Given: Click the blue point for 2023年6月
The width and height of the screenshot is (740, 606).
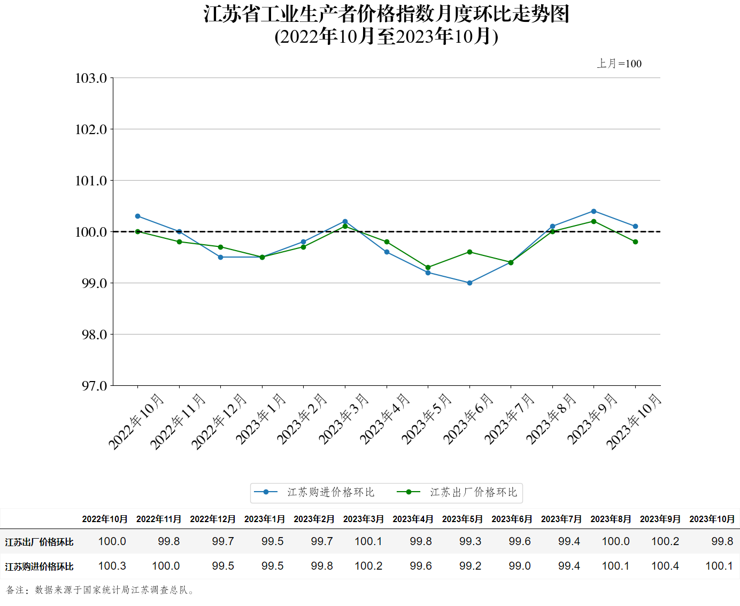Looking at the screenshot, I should pyautogui.click(x=469, y=283).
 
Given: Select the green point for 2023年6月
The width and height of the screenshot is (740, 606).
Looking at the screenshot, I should pyautogui.click(x=469, y=252).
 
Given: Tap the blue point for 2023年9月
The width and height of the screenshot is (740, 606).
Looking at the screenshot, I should pyautogui.click(x=593, y=211).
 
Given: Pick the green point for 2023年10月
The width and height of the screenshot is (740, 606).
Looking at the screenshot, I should pyautogui.click(x=635, y=242).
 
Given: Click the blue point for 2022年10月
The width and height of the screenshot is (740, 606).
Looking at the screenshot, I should pyautogui.click(x=137, y=216).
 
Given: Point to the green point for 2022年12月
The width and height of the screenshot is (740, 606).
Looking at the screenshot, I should pyautogui.click(x=220, y=247).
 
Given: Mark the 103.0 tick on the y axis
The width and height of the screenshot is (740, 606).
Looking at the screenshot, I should pyautogui.click(x=91, y=78).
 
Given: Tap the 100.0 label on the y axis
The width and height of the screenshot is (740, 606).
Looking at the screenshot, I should pyautogui.click(x=91, y=232).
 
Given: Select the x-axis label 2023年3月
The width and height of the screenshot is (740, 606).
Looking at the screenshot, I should pyautogui.click(x=344, y=419).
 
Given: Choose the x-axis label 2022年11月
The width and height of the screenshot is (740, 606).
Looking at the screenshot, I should pyautogui.click(x=178, y=422).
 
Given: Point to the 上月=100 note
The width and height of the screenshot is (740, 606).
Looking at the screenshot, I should pyautogui.click(x=619, y=64).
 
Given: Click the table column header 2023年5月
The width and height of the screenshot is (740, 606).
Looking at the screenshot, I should pyautogui.click(x=462, y=519).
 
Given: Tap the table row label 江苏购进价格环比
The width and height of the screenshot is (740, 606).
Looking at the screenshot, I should pyautogui.click(x=40, y=566).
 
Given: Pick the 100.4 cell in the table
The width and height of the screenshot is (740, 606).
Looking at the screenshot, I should pyautogui.click(x=665, y=566).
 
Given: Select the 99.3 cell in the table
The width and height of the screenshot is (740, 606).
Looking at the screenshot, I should pyautogui.click(x=470, y=541).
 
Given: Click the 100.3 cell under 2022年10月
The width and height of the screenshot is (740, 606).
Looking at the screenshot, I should pyautogui.click(x=112, y=566).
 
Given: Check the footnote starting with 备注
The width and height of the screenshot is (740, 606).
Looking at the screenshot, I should pyautogui.click(x=101, y=590).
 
